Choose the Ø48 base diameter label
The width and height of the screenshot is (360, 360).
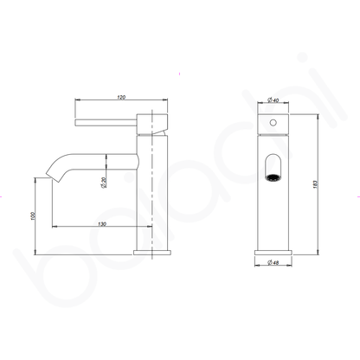pyautogui.click(x=273, y=263)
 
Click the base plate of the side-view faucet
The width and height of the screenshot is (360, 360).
pyautogui.click(x=157, y=252)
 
